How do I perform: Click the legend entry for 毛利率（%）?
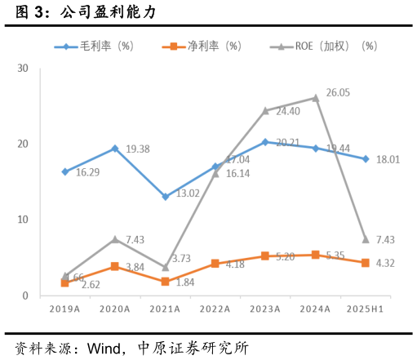94,47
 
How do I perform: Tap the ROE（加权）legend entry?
322,47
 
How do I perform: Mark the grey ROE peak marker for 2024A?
315,98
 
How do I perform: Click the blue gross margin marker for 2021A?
166,197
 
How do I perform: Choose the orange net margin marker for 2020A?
115,266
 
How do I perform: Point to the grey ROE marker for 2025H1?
365,239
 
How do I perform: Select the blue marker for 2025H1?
365,159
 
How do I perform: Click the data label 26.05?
338,93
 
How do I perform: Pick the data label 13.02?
188,194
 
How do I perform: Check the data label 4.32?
385,264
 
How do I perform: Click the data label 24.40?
287,112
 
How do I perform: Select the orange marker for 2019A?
65,282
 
